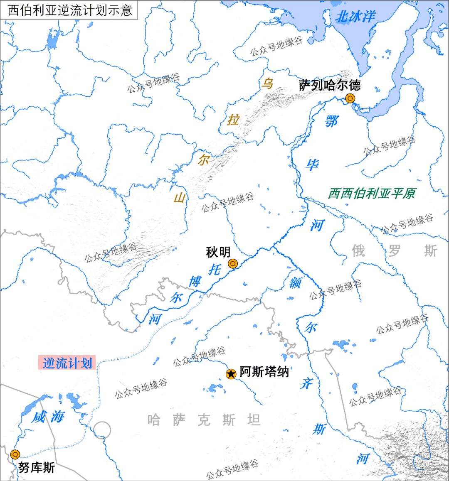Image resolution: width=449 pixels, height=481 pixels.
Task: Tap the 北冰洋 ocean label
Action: point(355,17)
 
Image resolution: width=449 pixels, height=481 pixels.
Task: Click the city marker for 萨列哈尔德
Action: point(350,98)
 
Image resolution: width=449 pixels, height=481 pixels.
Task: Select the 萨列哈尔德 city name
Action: point(330,85)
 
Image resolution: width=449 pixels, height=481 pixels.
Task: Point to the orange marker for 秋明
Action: point(233,263)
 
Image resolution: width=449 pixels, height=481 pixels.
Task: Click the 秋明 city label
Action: point(218,252)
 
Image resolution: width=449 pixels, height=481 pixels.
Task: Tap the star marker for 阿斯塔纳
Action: point(231,374)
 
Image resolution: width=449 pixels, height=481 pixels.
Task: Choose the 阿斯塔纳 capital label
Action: point(264,371)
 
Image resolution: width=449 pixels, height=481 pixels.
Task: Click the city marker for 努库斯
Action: point(15,454)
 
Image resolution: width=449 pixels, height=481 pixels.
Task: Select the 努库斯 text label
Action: point(37,468)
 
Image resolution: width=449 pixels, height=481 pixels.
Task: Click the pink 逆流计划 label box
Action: point(67,363)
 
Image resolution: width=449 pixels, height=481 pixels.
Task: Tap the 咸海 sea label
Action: point(48,417)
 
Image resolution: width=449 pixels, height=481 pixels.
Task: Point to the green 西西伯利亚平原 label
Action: point(372,194)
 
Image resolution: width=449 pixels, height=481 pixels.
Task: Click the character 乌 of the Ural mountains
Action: point(267,83)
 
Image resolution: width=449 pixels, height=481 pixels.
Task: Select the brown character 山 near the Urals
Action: point(180,197)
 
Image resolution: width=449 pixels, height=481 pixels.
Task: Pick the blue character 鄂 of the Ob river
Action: point(331,121)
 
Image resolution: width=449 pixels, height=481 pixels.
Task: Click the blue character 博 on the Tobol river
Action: point(195,282)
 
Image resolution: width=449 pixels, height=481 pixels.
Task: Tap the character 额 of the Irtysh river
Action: point(295,282)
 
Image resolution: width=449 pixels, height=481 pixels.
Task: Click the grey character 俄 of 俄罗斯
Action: point(358,251)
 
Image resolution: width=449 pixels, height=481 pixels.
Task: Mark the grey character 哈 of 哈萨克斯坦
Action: point(153,420)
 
